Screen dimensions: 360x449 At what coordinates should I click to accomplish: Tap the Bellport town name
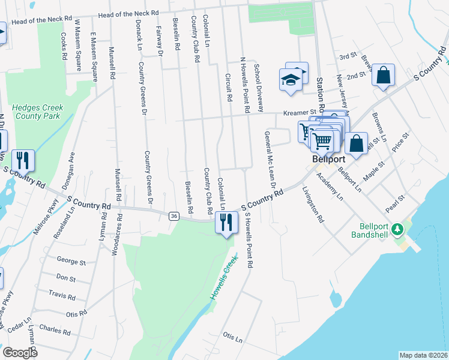(327, 160)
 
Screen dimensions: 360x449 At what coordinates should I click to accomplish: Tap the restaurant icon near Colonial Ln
(226, 223)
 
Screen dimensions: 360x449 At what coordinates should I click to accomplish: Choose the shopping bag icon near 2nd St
(383, 76)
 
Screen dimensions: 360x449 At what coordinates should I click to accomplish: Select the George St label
(71, 262)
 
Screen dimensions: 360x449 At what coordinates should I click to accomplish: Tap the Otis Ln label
(232, 336)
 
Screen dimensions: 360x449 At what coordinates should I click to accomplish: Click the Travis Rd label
(63, 296)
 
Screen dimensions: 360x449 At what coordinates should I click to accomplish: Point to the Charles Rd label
(55, 329)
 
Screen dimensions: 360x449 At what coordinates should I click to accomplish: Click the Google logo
(20, 353)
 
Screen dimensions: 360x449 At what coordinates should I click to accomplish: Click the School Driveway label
(259, 88)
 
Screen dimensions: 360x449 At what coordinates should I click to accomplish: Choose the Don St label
(65, 278)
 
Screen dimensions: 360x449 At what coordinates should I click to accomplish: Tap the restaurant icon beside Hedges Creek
(23, 160)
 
